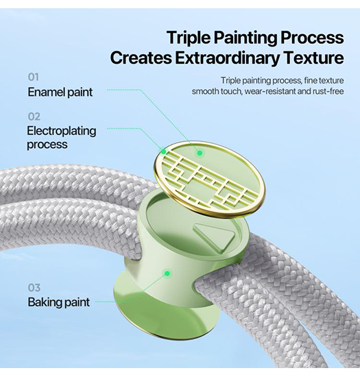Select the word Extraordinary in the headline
click(227, 58)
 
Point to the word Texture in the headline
click(313, 58)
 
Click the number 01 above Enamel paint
click(33, 77)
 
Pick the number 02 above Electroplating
click(34, 117)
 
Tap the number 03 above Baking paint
click(34, 288)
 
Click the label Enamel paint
click(60, 92)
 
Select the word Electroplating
click(62, 132)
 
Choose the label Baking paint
click(59, 302)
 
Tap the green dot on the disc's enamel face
click(200, 153)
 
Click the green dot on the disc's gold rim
click(163, 151)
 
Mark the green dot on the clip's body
click(167, 273)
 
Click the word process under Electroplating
click(47, 145)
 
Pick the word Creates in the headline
click(141, 58)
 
